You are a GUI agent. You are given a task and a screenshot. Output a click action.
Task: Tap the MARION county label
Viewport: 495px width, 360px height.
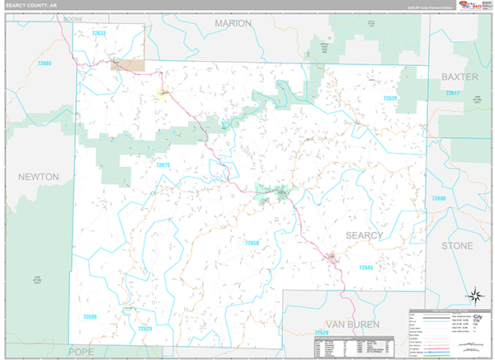233,23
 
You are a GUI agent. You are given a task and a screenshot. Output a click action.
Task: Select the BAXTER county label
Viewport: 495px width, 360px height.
460,76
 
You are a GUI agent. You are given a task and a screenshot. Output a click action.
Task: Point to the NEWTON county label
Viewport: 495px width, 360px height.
38,177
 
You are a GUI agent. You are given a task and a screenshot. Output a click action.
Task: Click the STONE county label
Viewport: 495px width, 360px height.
456,246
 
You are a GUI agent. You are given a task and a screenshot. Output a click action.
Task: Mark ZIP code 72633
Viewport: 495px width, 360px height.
99,33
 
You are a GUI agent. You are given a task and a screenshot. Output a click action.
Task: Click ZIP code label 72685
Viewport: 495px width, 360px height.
45,64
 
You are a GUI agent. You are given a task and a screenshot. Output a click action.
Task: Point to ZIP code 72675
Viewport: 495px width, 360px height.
163,165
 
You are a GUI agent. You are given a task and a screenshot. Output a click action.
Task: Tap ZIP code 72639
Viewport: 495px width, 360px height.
389,98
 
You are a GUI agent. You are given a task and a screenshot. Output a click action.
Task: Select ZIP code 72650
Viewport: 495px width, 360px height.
252,243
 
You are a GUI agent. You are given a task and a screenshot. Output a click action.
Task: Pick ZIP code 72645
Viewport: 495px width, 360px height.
365,268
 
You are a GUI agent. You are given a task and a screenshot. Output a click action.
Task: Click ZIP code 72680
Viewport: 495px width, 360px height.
438,199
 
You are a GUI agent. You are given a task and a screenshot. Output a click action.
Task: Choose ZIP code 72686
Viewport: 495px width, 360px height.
89,316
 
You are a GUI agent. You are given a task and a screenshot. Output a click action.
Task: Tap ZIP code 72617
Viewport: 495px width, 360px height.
452,93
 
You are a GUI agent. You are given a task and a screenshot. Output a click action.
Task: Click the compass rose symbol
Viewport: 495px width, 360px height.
475,296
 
